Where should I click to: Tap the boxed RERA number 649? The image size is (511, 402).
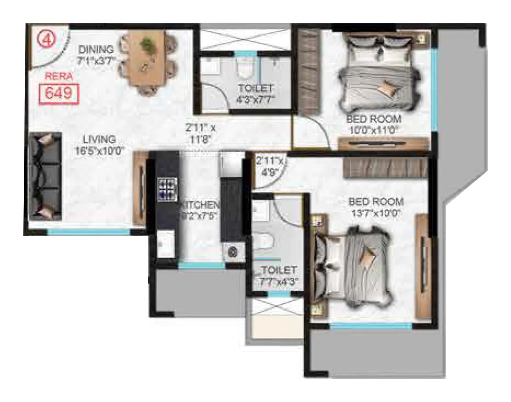click(58, 94)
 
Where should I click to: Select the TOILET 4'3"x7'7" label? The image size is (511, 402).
click(255, 94)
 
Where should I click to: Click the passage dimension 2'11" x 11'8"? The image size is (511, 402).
click(201, 134)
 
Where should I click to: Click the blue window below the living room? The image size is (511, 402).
click(88, 232)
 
